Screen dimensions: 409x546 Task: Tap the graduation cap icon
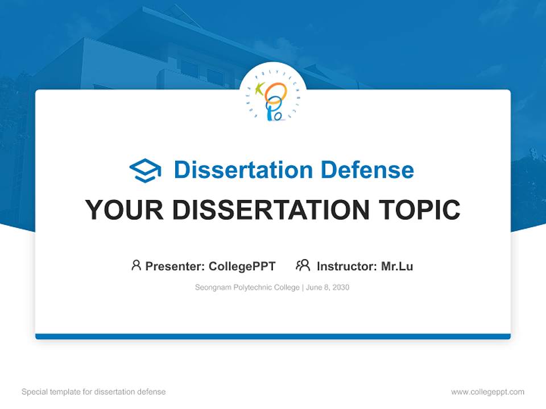pyautogui.click(x=145, y=170)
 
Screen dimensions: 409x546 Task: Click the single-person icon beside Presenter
pyautogui.click(x=136, y=265)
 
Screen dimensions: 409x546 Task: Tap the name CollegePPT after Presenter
pyautogui.click(x=242, y=266)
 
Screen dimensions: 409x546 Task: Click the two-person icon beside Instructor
pyautogui.click(x=303, y=265)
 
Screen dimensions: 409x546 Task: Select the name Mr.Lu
pyautogui.click(x=397, y=266)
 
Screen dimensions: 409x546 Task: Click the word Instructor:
pyautogui.click(x=347, y=266)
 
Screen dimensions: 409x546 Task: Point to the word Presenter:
pyautogui.click(x=175, y=266)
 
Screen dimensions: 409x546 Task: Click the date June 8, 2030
pyautogui.click(x=328, y=287)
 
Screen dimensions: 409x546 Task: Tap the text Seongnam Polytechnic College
pyautogui.click(x=247, y=287)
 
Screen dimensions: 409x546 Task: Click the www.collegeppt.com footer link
pyautogui.click(x=487, y=392)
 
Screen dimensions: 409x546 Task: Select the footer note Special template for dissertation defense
pyautogui.click(x=94, y=392)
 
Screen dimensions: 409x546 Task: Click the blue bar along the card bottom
pyautogui.click(x=273, y=336)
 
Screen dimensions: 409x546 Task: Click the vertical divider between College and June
pyautogui.click(x=303, y=287)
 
